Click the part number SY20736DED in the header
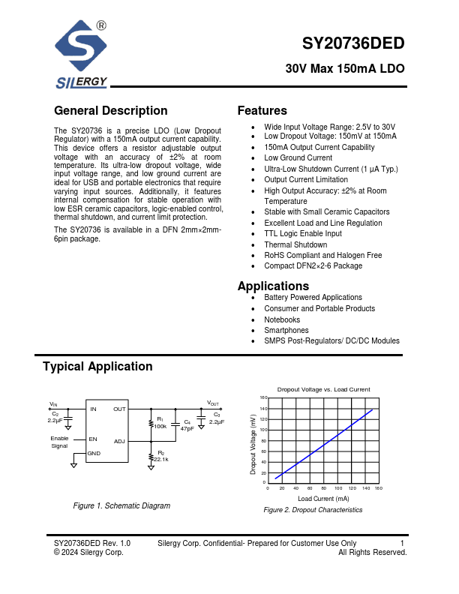click(x=353, y=43)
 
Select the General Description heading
click(x=111, y=111)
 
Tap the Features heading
click(x=262, y=111)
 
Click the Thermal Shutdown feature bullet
click(x=295, y=244)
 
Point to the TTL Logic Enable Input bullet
click(x=302, y=234)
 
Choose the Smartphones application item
click(x=286, y=330)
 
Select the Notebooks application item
click(x=282, y=319)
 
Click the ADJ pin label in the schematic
click(x=119, y=441)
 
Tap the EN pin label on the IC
click(x=93, y=439)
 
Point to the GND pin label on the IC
click(x=94, y=454)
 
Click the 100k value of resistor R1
click(x=160, y=426)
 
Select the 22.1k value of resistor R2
click(x=161, y=459)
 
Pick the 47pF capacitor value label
click(x=187, y=428)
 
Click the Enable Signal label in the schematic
click(x=59, y=442)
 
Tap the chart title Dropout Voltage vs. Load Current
click(x=323, y=390)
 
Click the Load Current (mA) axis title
click(x=323, y=498)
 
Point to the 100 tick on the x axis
click(x=338, y=488)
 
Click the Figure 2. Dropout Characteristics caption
click(x=313, y=510)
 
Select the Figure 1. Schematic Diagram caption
click(x=121, y=506)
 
